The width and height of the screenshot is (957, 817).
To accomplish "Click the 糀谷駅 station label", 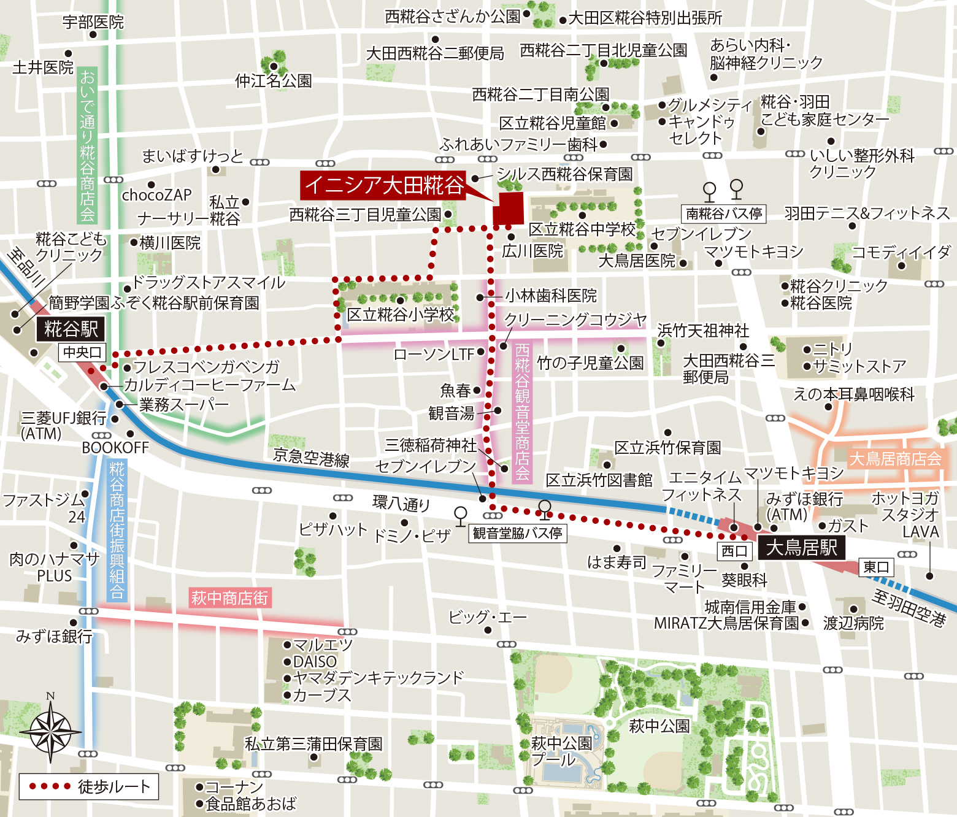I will pyautogui.click(x=71, y=329).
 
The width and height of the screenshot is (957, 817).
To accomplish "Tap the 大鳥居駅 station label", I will pyautogui.click(x=801, y=547).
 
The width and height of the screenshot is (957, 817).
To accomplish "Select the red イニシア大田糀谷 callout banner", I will pyautogui.click(x=383, y=185).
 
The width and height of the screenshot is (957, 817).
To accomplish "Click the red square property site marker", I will pyautogui.click(x=508, y=209).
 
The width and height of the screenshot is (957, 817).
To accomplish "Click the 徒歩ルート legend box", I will pyautogui.click(x=89, y=787).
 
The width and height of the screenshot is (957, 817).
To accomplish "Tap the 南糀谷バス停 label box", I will pyautogui.click(x=724, y=213).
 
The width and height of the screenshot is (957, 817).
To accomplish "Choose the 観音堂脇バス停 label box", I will pyautogui.click(x=517, y=533).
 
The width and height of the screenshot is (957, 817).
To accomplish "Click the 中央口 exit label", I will pyautogui.click(x=82, y=352).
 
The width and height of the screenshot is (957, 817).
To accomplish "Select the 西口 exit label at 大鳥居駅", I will pyautogui.click(x=734, y=551).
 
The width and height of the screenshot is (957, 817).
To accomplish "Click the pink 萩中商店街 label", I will pyautogui.click(x=229, y=597).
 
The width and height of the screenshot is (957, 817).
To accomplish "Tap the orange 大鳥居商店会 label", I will pyautogui.click(x=895, y=459).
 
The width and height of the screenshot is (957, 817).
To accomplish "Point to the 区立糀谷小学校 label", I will pyautogui.click(x=401, y=315).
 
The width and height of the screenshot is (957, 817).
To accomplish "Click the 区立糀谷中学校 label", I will pyautogui.click(x=582, y=229).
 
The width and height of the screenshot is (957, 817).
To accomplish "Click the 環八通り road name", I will pyautogui.click(x=401, y=504).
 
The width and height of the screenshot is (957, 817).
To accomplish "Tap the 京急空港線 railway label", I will pyautogui.click(x=311, y=458).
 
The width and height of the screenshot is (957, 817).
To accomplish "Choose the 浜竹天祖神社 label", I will pyautogui.click(x=703, y=331).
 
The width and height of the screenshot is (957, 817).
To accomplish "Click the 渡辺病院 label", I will pyautogui.click(x=853, y=623).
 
